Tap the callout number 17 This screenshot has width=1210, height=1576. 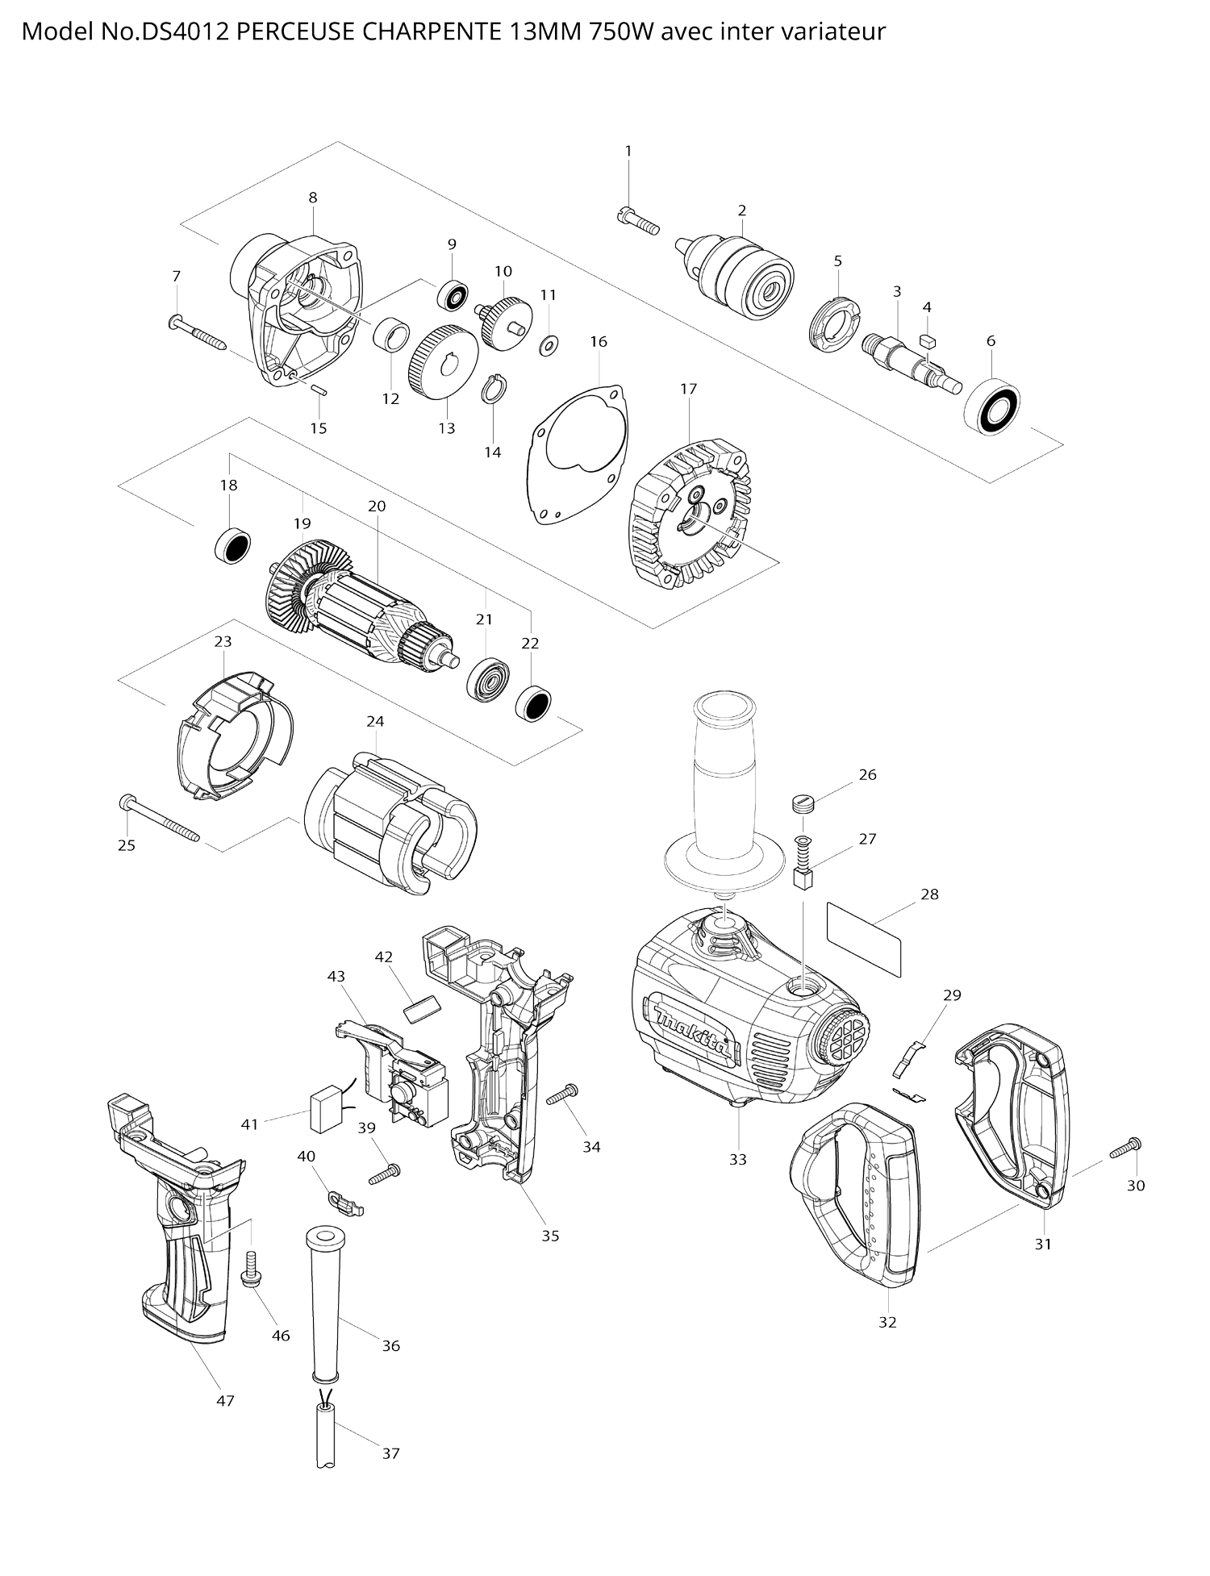(688, 389)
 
